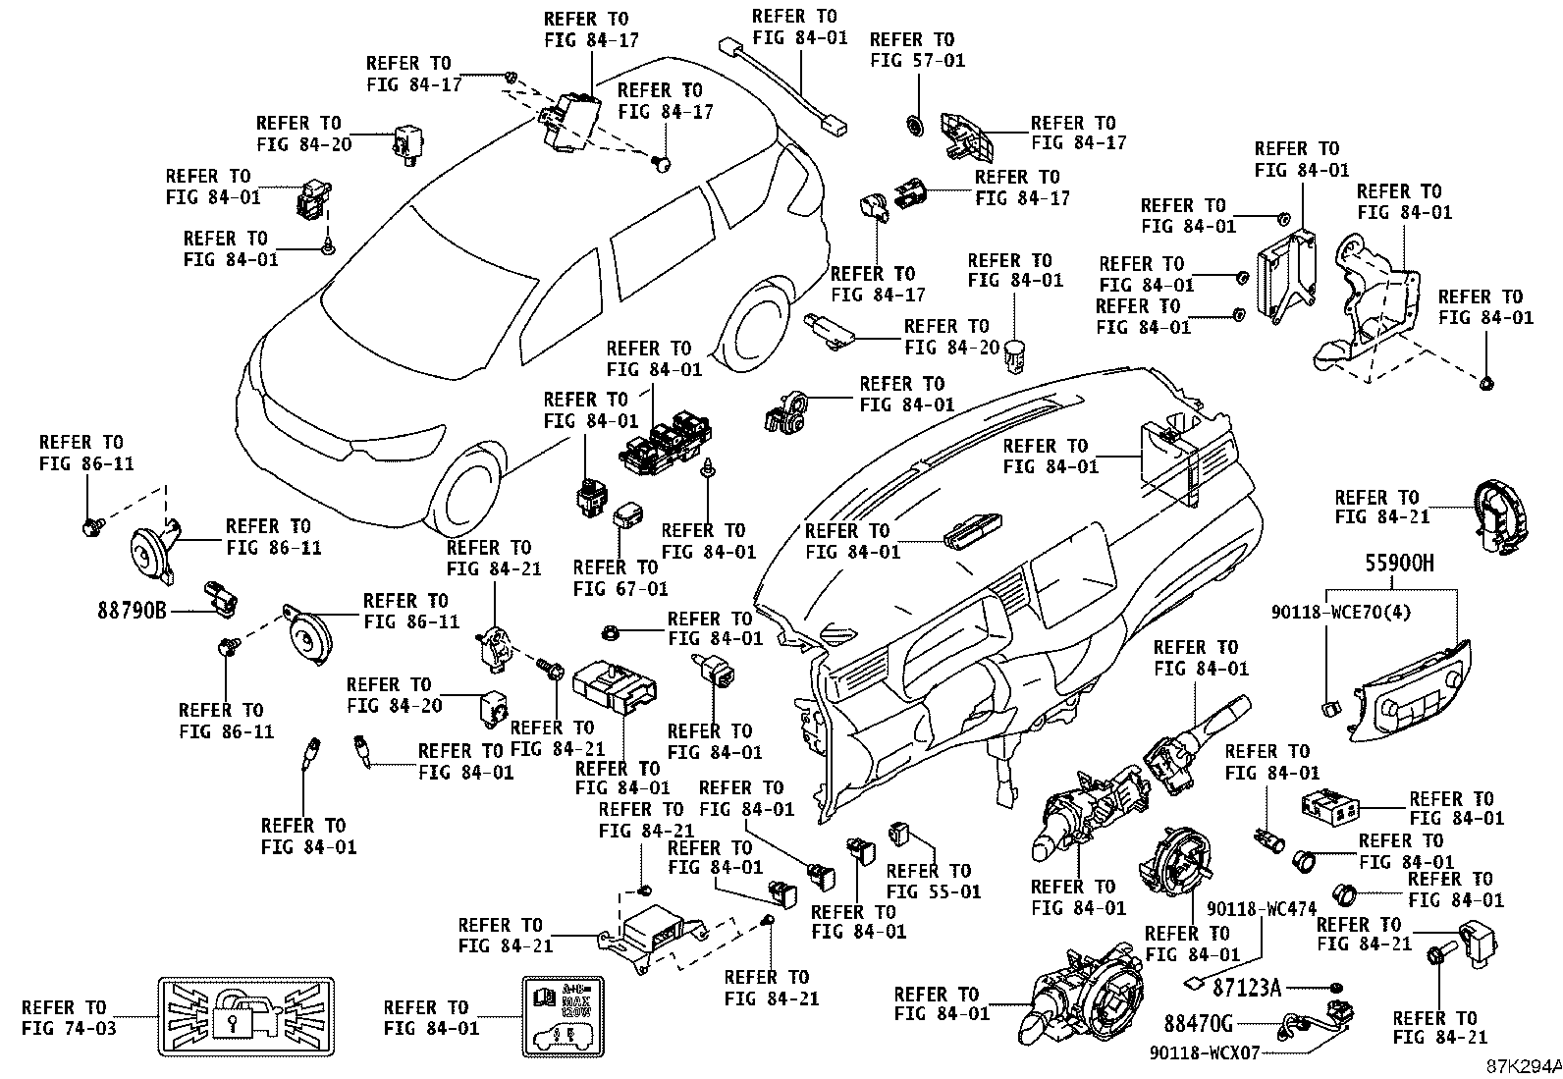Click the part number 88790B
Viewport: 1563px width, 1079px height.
pyautogui.click(x=132, y=611)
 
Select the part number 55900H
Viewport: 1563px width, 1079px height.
pyautogui.click(x=1399, y=563)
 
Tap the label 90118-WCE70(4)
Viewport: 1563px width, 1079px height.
pyautogui.click(x=1340, y=612)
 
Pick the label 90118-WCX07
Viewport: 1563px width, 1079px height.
pyautogui.click(x=1205, y=1052)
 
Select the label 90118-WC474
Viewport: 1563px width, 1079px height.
pyautogui.click(x=1262, y=909)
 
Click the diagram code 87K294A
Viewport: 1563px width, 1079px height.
pyautogui.click(x=1524, y=1066)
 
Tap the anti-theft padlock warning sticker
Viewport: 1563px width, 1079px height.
pyautogui.click(x=245, y=1016)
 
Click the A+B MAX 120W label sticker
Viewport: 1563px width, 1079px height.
pyautogui.click(x=564, y=1016)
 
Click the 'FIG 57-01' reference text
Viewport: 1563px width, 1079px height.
pyautogui.click(x=918, y=61)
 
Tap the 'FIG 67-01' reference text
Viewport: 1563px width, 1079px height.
pyautogui.click(x=620, y=589)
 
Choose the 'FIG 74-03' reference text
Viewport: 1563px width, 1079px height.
pyautogui.click(x=69, y=1028)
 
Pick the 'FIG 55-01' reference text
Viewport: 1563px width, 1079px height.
pyautogui.click(x=934, y=891)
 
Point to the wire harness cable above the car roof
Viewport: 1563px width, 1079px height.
pyautogui.click(x=782, y=86)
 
